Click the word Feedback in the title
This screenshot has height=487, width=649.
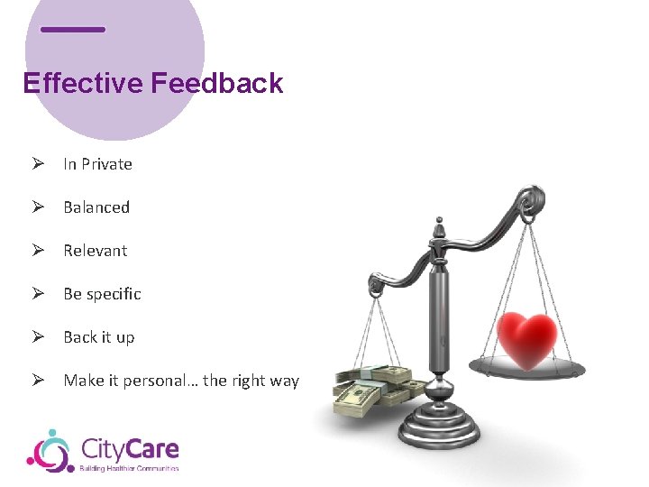217,83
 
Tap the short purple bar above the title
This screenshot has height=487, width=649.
73,29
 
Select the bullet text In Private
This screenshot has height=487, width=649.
97,164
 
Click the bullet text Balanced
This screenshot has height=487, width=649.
96,207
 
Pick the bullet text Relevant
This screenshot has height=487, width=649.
95,251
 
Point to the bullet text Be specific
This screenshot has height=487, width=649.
102,294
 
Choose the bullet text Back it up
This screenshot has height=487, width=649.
98,337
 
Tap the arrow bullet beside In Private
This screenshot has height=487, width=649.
37,164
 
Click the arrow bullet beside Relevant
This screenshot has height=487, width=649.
37,251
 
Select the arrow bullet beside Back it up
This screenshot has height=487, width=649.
37,337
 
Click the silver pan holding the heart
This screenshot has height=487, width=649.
532,367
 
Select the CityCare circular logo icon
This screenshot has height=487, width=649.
50,451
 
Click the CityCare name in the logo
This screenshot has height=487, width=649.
129,448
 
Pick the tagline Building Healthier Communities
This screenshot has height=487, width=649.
130,468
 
